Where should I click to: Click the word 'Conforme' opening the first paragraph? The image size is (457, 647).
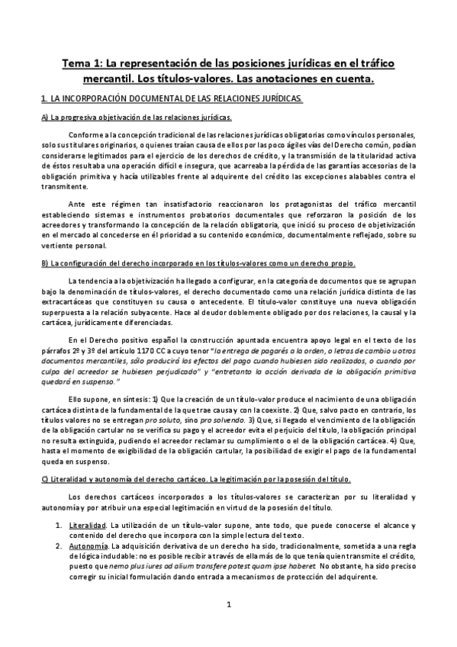point(85,134)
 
